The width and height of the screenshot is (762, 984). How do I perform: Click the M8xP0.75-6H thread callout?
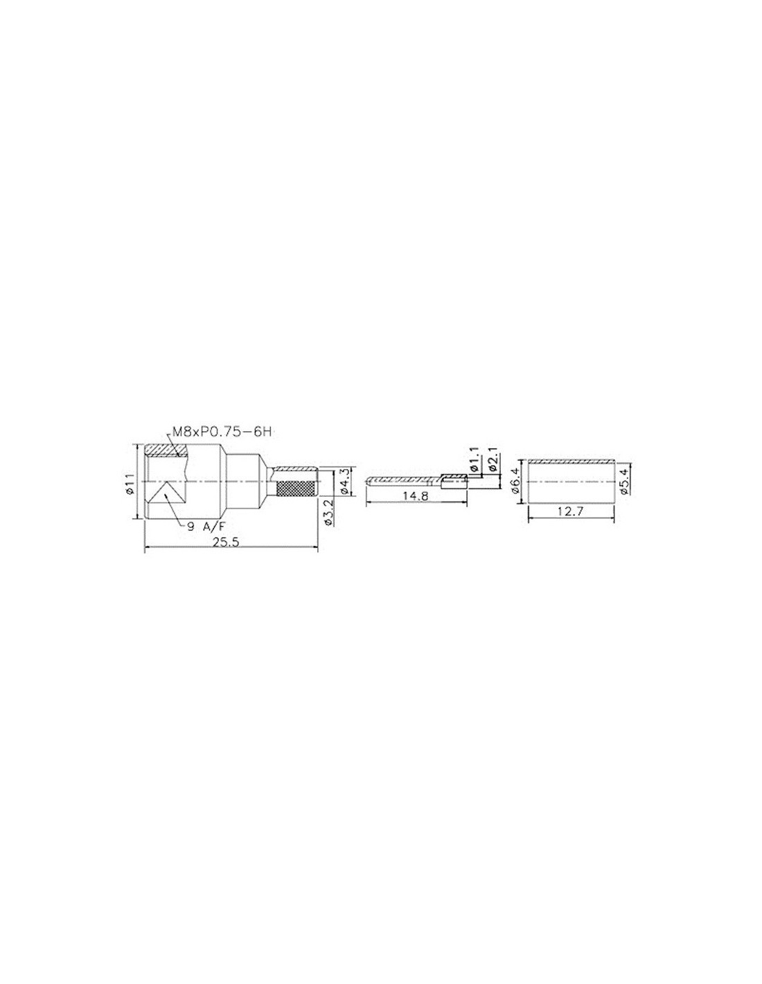pyautogui.click(x=221, y=432)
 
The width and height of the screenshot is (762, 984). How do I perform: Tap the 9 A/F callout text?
pyautogui.click(x=206, y=526)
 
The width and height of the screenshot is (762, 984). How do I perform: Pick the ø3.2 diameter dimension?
pyautogui.click(x=330, y=512)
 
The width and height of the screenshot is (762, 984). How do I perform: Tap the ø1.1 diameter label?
pyautogui.click(x=474, y=459)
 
